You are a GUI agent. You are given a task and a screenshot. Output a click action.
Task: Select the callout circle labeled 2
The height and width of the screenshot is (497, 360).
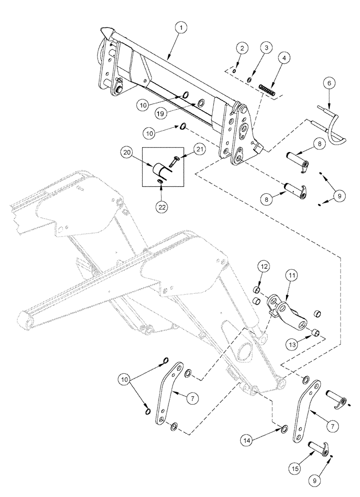[x=242, y=48]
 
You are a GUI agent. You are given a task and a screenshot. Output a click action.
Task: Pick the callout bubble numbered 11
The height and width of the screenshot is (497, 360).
[x=291, y=275]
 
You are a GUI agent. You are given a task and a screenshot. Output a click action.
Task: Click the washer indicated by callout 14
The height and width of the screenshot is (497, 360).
[x=283, y=428]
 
